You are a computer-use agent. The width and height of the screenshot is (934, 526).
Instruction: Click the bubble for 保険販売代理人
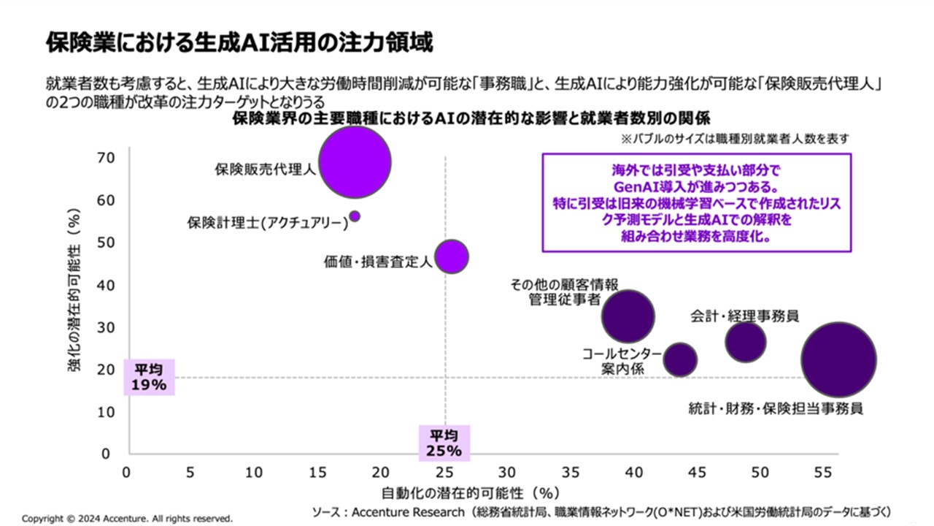355,161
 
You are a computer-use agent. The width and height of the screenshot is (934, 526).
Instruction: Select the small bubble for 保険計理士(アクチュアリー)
355,216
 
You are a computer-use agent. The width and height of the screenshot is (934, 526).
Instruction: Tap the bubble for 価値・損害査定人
452,256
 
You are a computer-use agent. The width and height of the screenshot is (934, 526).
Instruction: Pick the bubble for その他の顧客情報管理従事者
628,316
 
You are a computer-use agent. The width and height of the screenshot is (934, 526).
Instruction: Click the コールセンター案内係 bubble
680,359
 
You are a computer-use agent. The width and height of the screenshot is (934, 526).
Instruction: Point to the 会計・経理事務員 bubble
745,342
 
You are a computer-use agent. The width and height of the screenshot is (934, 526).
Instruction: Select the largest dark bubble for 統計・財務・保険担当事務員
838,359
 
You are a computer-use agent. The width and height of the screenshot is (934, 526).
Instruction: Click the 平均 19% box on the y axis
149,376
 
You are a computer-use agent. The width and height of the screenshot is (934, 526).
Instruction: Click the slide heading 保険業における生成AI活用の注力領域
240,42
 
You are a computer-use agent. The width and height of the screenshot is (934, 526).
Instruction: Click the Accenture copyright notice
127,518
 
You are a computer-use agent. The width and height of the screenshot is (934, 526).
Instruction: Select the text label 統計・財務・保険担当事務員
776,408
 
